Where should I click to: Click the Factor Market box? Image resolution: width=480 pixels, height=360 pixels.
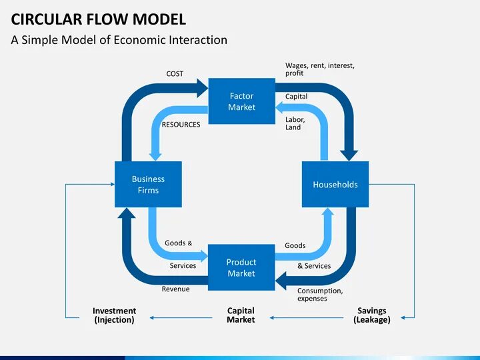click(241, 101)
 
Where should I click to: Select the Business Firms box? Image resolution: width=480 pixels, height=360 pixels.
click(148, 184)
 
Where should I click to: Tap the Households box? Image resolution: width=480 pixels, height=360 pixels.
click(335, 184)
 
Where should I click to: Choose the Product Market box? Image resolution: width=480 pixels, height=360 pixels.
click(241, 267)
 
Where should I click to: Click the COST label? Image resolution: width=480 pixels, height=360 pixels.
click(175, 74)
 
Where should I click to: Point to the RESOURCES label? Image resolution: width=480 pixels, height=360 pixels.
click(181, 125)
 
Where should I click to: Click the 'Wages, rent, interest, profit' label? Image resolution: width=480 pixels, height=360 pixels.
click(320, 69)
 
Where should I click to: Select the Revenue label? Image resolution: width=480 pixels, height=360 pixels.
click(176, 289)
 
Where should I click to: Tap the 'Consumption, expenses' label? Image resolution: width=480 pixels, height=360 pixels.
click(320, 295)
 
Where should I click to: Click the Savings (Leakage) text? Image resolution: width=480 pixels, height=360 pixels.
click(372, 315)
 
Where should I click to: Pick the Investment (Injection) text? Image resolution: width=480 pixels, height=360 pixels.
click(114, 315)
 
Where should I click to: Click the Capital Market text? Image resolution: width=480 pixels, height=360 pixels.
click(241, 315)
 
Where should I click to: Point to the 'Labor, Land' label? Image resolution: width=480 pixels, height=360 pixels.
click(295, 123)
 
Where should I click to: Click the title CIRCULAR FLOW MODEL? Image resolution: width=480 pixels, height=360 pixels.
click(98, 19)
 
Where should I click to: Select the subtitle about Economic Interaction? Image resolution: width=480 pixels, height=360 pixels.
click(119, 40)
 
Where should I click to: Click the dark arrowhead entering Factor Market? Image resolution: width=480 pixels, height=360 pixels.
click(203, 88)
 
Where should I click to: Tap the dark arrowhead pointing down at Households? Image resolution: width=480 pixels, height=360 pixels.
click(349, 155)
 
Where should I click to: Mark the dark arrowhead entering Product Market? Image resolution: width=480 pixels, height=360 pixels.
click(281, 281)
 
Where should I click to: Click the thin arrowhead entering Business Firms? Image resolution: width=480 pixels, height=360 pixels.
click(113, 184)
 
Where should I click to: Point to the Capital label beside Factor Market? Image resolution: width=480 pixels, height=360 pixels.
click(296, 97)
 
